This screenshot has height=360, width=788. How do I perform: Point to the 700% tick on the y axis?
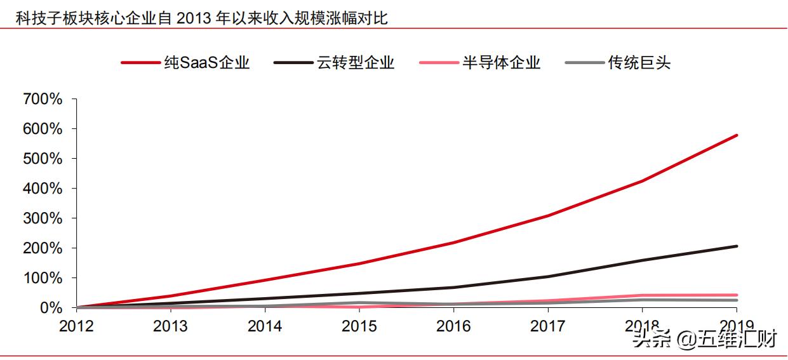tap(43, 99)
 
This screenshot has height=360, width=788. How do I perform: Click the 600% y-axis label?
tap(43, 129)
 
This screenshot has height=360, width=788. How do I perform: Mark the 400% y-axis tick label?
tap(43, 189)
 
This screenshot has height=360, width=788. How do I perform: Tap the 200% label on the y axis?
tap(43, 248)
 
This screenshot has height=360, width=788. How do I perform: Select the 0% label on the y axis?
tap(50, 308)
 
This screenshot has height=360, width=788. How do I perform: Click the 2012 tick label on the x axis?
tap(76, 326)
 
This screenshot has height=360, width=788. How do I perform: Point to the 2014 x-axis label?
tap(265, 326)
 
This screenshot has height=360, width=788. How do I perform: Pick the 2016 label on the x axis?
tap(453, 326)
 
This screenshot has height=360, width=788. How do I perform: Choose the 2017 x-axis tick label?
tap(547, 326)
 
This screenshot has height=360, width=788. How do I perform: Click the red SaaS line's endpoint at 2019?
tap(737, 135)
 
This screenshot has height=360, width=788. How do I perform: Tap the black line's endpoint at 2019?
tap(737, 246)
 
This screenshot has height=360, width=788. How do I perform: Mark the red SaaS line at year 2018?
tap(642, 182)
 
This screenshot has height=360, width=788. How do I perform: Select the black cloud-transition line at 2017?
tap(547, 277)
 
